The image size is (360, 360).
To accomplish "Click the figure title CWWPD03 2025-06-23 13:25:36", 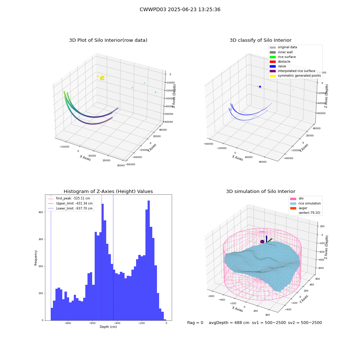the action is click(180, 9).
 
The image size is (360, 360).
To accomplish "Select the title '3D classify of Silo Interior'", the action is click(261, 40).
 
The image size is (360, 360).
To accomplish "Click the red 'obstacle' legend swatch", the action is click(273, 62).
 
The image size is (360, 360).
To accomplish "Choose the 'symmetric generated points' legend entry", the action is click(295, 76).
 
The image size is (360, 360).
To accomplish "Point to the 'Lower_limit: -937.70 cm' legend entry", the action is click(70, 208).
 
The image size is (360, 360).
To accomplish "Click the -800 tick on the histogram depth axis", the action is click(68, 323).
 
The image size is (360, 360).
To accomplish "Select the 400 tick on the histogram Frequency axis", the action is click(41, 212).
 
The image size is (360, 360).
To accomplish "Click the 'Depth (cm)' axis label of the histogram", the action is click(108, 327).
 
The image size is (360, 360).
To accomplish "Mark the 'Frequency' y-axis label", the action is click(36, 258).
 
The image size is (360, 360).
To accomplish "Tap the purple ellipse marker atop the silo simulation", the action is click(262, 242).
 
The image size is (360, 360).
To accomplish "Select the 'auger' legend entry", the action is click(299, 208).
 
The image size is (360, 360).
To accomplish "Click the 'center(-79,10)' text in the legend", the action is click(309, 213).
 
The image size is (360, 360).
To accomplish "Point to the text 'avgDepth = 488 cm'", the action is click(229, 323).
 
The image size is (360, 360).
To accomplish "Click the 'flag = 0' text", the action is click(195, 323).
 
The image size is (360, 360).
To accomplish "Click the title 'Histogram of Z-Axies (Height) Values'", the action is click(108, 191).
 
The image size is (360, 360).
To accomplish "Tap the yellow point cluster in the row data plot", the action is click(102, 77).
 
